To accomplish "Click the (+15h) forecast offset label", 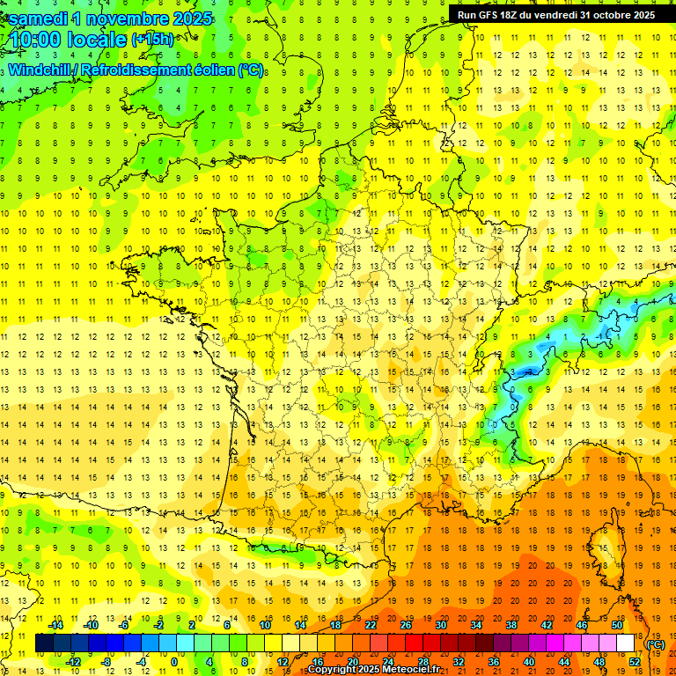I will tap(152, 39).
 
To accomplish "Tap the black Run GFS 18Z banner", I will tap(555, 14).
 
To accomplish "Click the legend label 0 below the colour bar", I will tap(173, 662).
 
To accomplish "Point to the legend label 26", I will tap(406, 625).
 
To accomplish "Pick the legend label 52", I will tap(634, 662).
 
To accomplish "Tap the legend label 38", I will tap(511, 625).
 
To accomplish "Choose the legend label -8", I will tap(106, 662).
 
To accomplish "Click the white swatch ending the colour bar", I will tap(625, 643).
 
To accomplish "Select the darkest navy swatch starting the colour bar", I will tap(44, 643).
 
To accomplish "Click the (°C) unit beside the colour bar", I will tap(655, 644).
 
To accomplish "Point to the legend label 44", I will tap(564, 662).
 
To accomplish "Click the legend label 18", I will tap(335, 625).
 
